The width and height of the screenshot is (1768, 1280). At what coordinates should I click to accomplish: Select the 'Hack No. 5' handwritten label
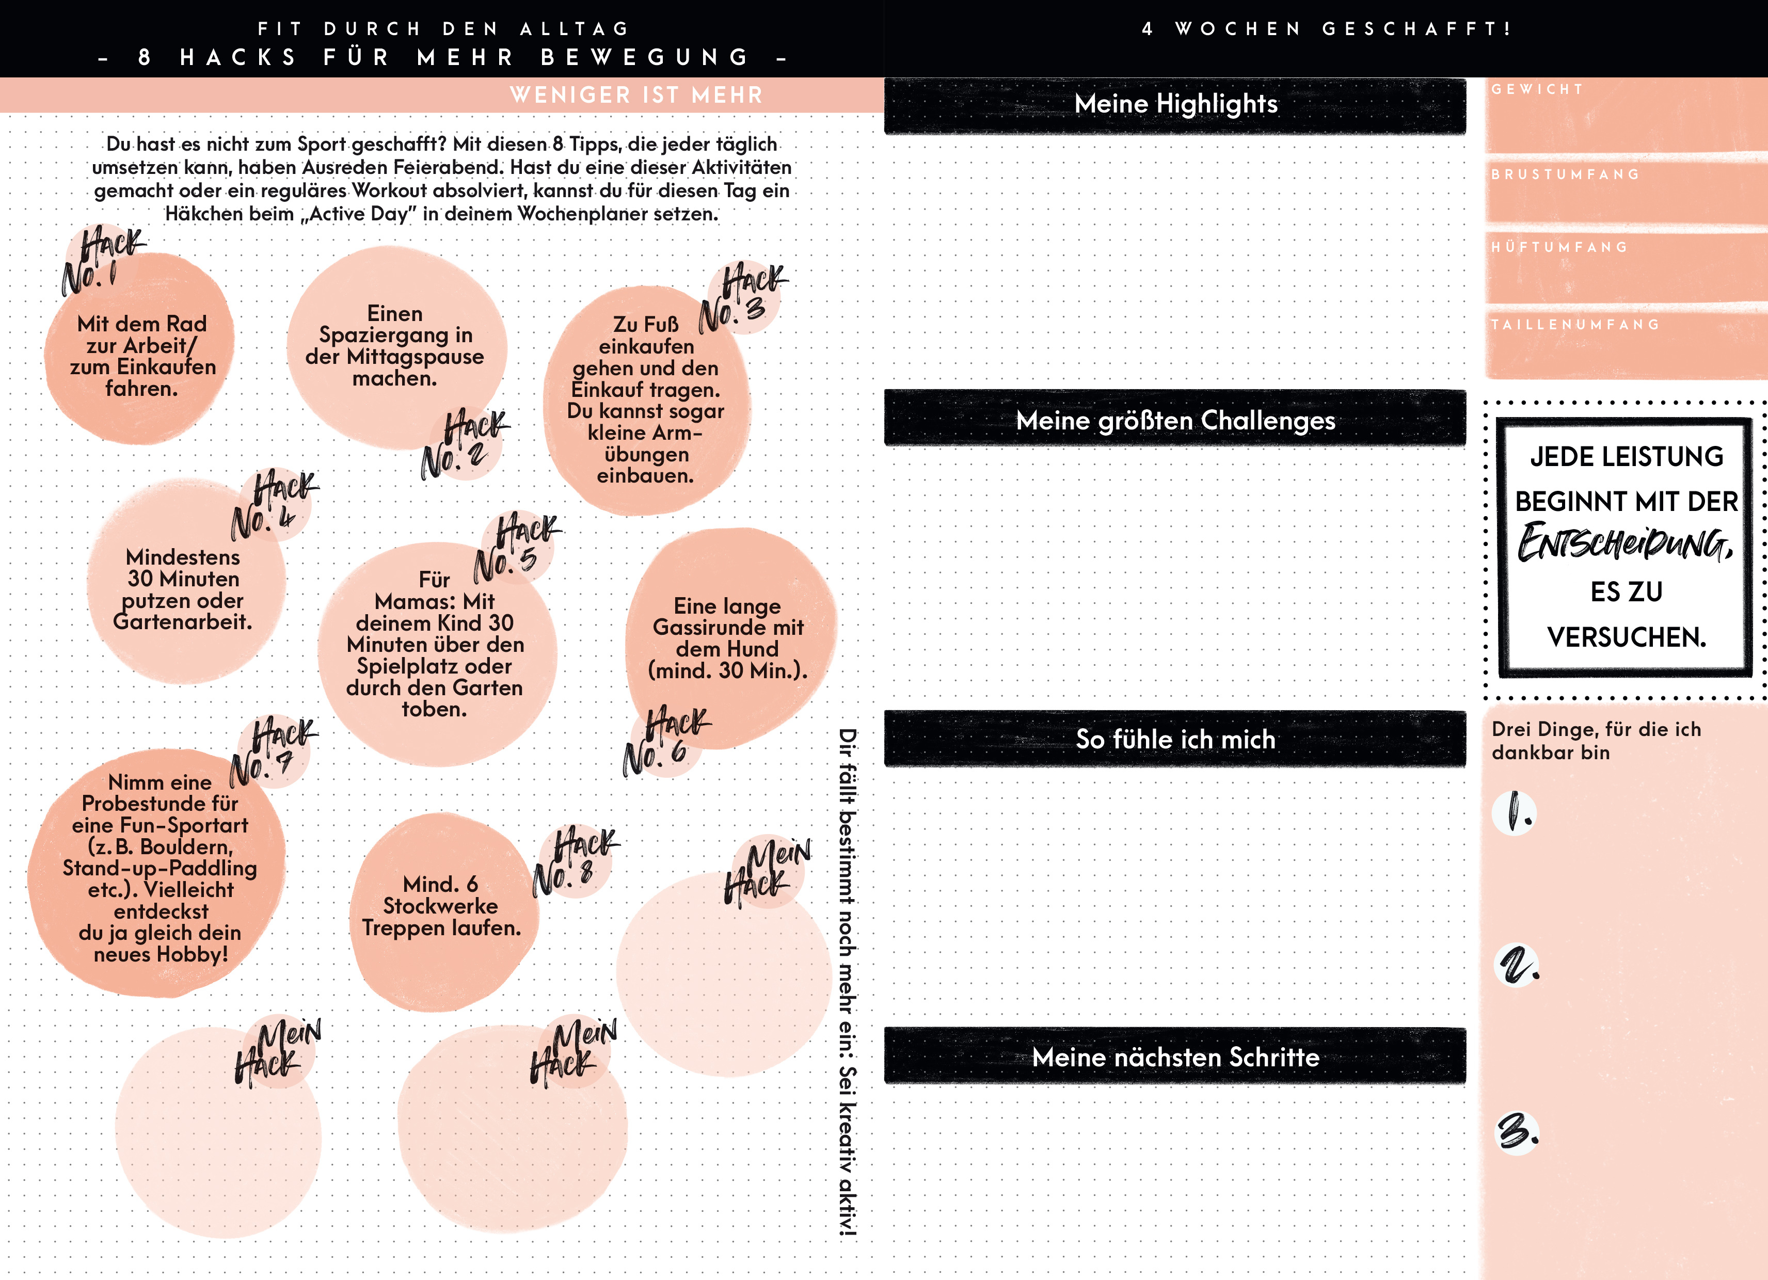point(516,548)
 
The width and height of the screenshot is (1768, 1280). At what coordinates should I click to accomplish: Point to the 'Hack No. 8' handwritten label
point(575,860)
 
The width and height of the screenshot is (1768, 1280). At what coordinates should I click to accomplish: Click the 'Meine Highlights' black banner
point(1175,104)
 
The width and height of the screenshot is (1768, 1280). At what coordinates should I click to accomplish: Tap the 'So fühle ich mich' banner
point(1175,739)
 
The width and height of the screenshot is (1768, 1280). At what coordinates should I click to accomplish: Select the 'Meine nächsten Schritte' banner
point(1175,1057)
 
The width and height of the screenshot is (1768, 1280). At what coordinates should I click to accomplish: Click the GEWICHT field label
point(1536,90)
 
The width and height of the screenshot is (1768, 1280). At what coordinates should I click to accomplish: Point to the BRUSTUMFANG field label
point(1565,174)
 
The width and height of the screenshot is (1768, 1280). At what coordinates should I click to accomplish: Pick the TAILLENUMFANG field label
point(1574,324)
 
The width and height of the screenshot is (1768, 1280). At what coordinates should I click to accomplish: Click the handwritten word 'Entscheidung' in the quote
point(1626,543)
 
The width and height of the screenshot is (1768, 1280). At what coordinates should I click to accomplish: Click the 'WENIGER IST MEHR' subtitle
point(636,95)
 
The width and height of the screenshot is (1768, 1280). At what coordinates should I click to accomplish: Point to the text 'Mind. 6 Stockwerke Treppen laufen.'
point(441,906)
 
